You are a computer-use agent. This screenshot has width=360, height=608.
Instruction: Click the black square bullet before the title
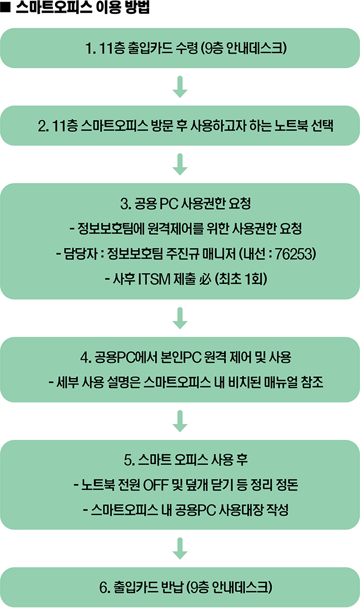click(5, 8)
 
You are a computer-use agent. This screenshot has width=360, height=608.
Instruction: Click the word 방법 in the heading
click(138, 8)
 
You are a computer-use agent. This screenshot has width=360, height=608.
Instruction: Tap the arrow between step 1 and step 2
click(179, 87)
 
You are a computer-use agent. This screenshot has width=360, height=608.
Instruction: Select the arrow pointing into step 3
click(179, 164)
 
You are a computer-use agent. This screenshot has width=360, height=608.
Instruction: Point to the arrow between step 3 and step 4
click(179, 318)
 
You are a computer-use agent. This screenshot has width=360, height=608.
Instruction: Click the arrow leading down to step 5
click(179, 421)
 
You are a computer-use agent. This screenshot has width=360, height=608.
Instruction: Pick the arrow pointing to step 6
click(179, 548)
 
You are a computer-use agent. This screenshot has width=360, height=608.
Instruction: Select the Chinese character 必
click(205, 279)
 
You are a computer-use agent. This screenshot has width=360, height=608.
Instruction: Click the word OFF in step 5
click(156, 485)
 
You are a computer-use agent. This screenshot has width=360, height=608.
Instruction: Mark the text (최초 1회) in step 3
click(241, 279)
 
